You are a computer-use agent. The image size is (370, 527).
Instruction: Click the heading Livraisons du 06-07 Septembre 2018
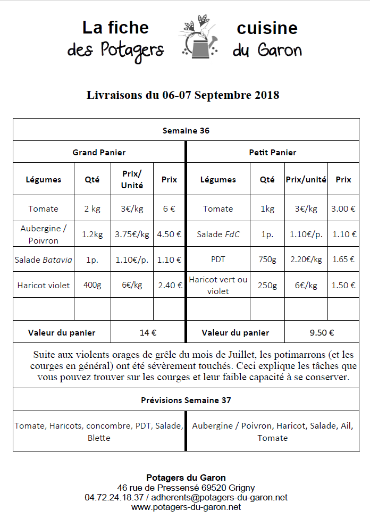tap(183, 95)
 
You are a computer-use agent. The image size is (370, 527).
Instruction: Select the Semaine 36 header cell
tap(186, 130)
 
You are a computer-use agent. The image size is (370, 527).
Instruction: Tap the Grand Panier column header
tap(99, 153)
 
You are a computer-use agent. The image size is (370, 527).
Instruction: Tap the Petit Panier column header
tap(273, 153)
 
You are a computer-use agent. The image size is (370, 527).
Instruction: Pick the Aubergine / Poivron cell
tap(44, 234)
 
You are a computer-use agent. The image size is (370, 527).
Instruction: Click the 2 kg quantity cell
tap(92, 208)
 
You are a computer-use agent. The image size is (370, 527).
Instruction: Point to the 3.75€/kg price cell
tap(132, 234)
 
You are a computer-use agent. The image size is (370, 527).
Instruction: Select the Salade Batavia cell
tap(44, 260)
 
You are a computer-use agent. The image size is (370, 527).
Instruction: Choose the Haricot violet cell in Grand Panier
tap(44, 286)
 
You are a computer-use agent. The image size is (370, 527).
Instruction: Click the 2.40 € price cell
tap(170, 286)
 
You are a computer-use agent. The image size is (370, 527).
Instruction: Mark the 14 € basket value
tap(148, 333)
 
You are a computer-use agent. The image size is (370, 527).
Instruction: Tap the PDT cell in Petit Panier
tap(218, 260)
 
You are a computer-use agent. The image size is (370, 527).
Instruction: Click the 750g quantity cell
tap(267, 260)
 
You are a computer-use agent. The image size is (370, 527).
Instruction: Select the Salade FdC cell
tap(218, 234)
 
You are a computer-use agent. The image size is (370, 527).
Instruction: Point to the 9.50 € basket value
tap(322, 333)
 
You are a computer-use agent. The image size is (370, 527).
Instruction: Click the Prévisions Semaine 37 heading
tap(186, 400)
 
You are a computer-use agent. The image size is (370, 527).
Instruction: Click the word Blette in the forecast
tap(99, 438)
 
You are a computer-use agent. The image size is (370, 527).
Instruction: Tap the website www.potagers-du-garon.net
tap(186, 507)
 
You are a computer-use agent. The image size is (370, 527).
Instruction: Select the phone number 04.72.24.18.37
tap(114, 498)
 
